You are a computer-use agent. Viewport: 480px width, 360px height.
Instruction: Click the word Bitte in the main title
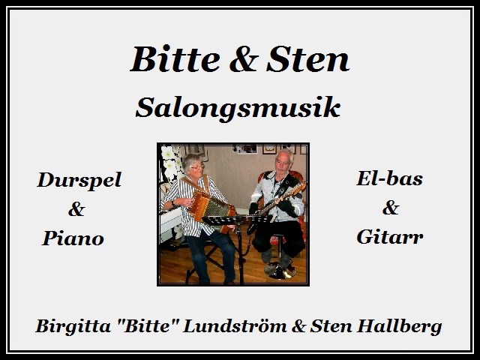pyautogui.click(x=175, y=58)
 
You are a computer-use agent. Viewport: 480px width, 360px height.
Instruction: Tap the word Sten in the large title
pyautogui.click(x=307, y=58)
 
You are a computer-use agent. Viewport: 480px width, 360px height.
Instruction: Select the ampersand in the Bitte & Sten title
pyautogui.click(x=244, y=59)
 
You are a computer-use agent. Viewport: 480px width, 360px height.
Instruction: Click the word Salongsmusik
pyautogui.click(x=238, y=107)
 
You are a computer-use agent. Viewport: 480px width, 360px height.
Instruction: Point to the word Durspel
pyautogui.click(x=79, y=181)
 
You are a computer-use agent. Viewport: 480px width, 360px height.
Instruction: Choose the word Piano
pyautogui.click(x=73, y=238)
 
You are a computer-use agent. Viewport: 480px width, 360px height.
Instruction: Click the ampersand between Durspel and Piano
pyautogui.click(x=76, y=209)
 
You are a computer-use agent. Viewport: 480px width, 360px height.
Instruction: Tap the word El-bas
pyautogui.click(x=389, y=178)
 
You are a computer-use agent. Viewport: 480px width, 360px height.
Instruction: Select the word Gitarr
pyautogui.click(x=390, y=237)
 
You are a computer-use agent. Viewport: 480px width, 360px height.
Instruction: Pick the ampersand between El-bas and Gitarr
pyautogui.click(x=391, y=208)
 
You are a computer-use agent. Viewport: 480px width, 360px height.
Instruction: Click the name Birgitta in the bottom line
pyautogui.click(x=73, y=326)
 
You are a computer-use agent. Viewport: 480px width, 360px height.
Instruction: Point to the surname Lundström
pyautogui.click(x=235, y=325)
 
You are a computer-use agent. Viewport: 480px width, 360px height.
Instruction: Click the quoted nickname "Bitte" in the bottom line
pyautogui.click(x=147, y=325)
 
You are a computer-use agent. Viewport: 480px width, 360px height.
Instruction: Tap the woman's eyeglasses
pyautogui.click(x=197, y=167)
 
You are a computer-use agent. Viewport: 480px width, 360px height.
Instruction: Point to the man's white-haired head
pyautogui.click(x=283, y=160)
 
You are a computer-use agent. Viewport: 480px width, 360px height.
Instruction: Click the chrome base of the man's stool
pyautogui.click(x=280, y=271)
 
